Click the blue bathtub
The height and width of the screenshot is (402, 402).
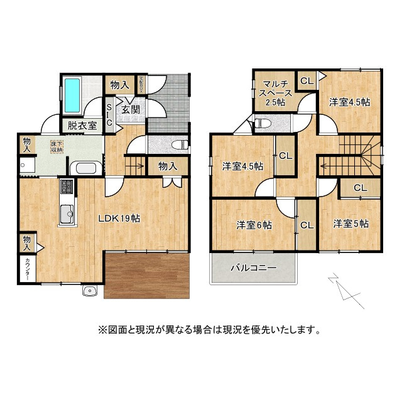click(72, 95)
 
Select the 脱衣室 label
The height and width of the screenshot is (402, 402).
click(82, 125)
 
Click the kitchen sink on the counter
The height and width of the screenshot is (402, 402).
click(67, 214)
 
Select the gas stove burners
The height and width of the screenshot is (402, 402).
click(67, 187)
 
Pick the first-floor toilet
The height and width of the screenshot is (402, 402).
click(180, 144)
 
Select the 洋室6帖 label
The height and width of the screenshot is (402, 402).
click(254, 224)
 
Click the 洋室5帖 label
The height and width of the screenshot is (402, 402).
click(350, 224)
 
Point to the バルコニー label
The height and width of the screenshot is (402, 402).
click(253, 268)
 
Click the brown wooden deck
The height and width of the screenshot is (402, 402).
click(148, 276)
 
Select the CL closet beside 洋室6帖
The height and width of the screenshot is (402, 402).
click(307, 225)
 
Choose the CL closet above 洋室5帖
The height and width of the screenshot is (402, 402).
click(360, 187)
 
